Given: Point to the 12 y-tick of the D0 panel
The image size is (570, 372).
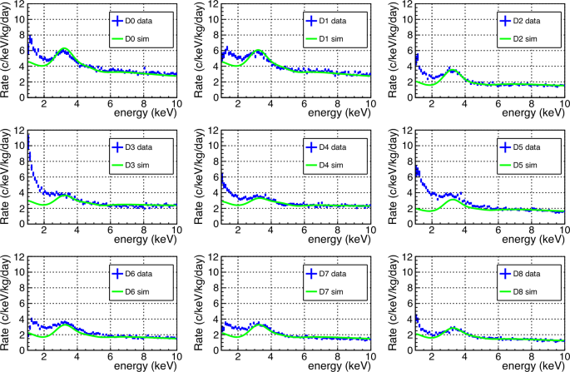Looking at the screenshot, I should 19,6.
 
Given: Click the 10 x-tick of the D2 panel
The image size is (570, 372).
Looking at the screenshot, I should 563,103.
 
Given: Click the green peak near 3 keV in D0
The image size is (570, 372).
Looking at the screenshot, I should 62,51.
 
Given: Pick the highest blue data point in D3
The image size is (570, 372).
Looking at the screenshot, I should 29,135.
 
